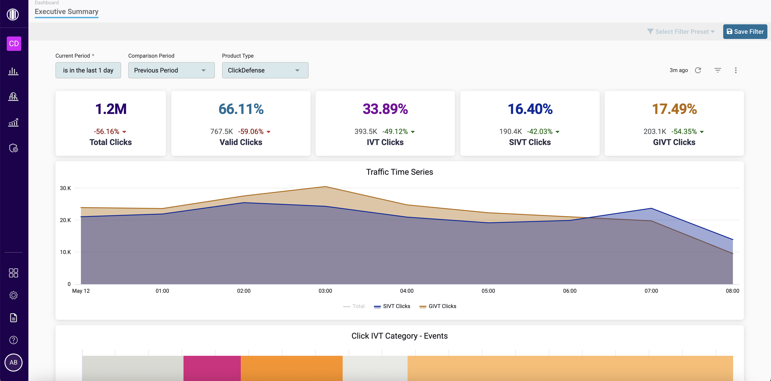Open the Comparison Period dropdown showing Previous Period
coord(171,70)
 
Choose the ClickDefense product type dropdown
coord(265,70)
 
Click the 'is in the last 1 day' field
coord(88,70)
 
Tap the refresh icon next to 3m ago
coord(698,70)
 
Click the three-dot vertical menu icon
coord(736,70)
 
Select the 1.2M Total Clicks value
coord(111,109)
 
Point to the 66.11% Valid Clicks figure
coord(241,109)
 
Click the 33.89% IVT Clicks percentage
coord(385,109)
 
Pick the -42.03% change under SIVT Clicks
coord(540,132)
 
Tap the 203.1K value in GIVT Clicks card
coord(655,132)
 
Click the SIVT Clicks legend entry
coord(392,306)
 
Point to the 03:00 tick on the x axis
coord(325,291)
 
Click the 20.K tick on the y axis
coord(65,220)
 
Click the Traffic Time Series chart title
coord(399,172)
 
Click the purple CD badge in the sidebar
coord(14,44)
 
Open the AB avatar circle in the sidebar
coord(14,363)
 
